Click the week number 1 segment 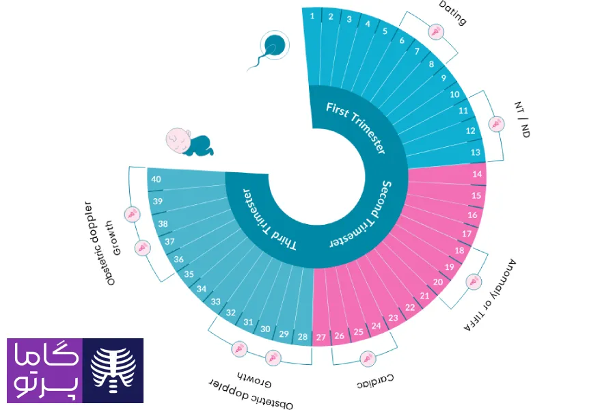(312, 15)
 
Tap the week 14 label (478, 174)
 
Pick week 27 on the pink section (321, 337)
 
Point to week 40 (156, 180)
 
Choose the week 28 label (302, 337)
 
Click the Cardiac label (375, 379)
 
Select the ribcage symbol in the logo (113, 370)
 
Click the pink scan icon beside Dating (435, 31)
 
